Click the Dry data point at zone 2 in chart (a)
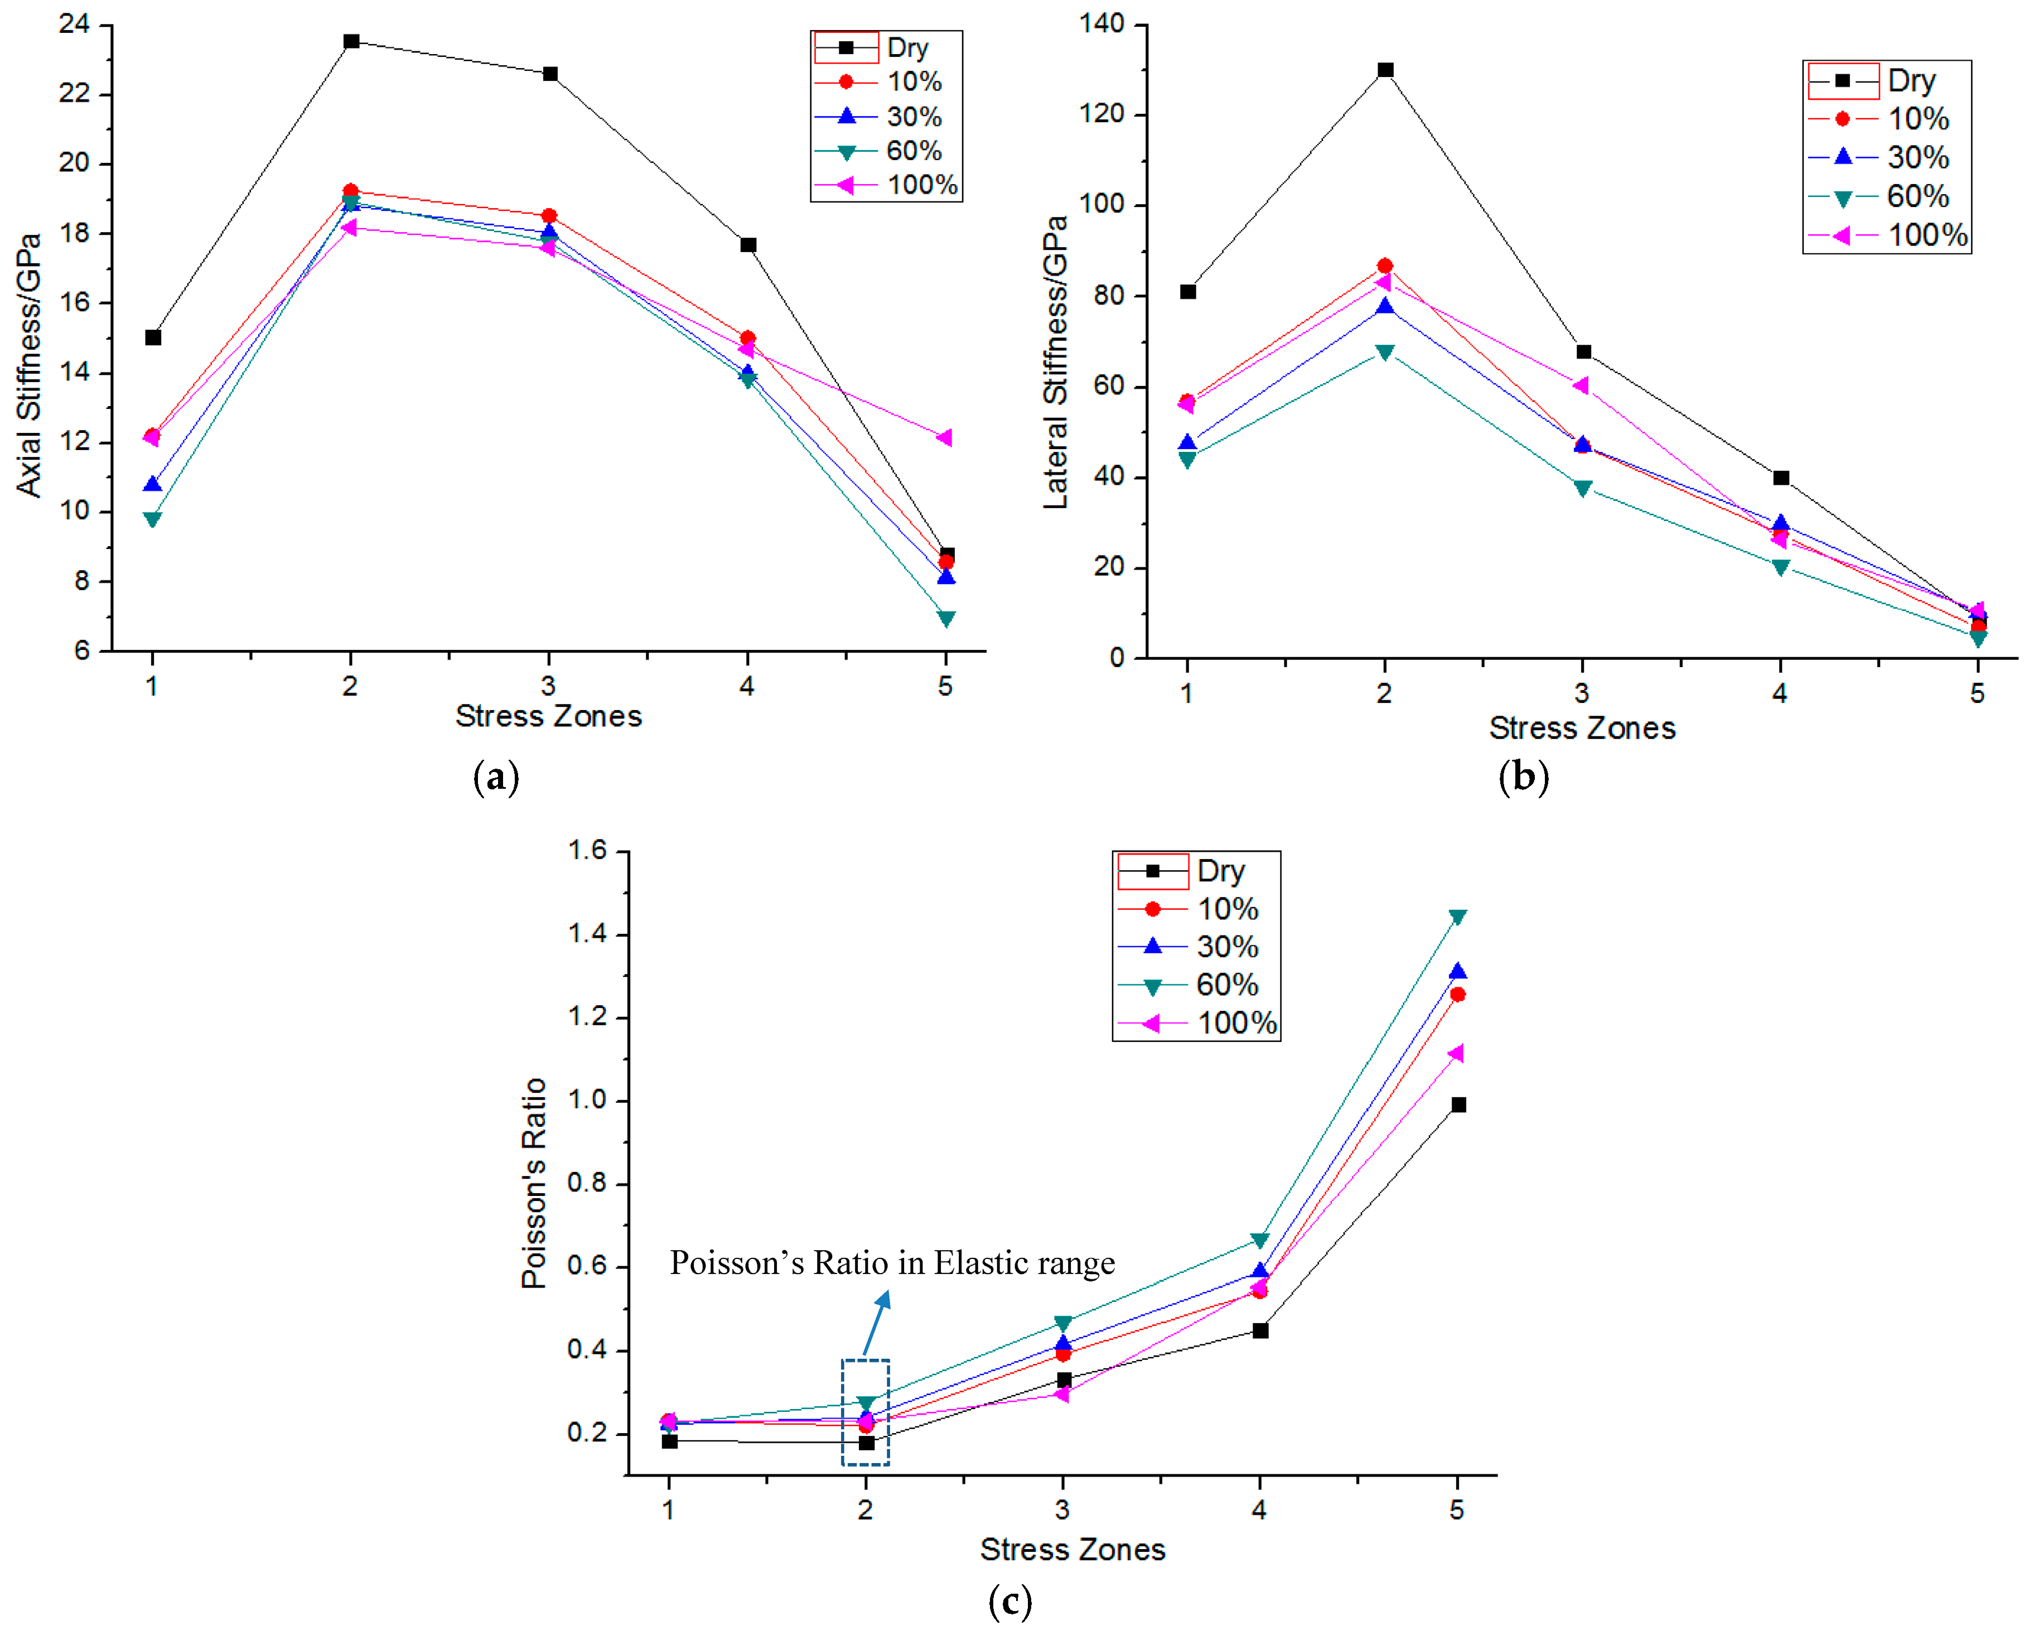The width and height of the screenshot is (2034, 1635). (x=351, y=41)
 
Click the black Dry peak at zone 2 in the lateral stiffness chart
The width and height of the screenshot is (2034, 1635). (x=1385, y=70)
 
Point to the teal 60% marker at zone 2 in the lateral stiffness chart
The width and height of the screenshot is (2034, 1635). (x=1384, y=352)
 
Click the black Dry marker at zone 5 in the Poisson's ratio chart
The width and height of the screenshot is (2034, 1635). (x=1458, y=1105)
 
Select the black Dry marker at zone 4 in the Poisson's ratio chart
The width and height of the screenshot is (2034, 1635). (x=1260, y=1330)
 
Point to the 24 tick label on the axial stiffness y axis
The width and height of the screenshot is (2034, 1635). (x=75, y=23)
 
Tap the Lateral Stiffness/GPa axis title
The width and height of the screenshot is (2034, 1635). (x=1056, y=362)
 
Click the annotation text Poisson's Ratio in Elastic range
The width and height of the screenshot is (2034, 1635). (x=892, y=1262)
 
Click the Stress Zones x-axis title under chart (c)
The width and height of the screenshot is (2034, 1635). (x=1072, y=1549)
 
